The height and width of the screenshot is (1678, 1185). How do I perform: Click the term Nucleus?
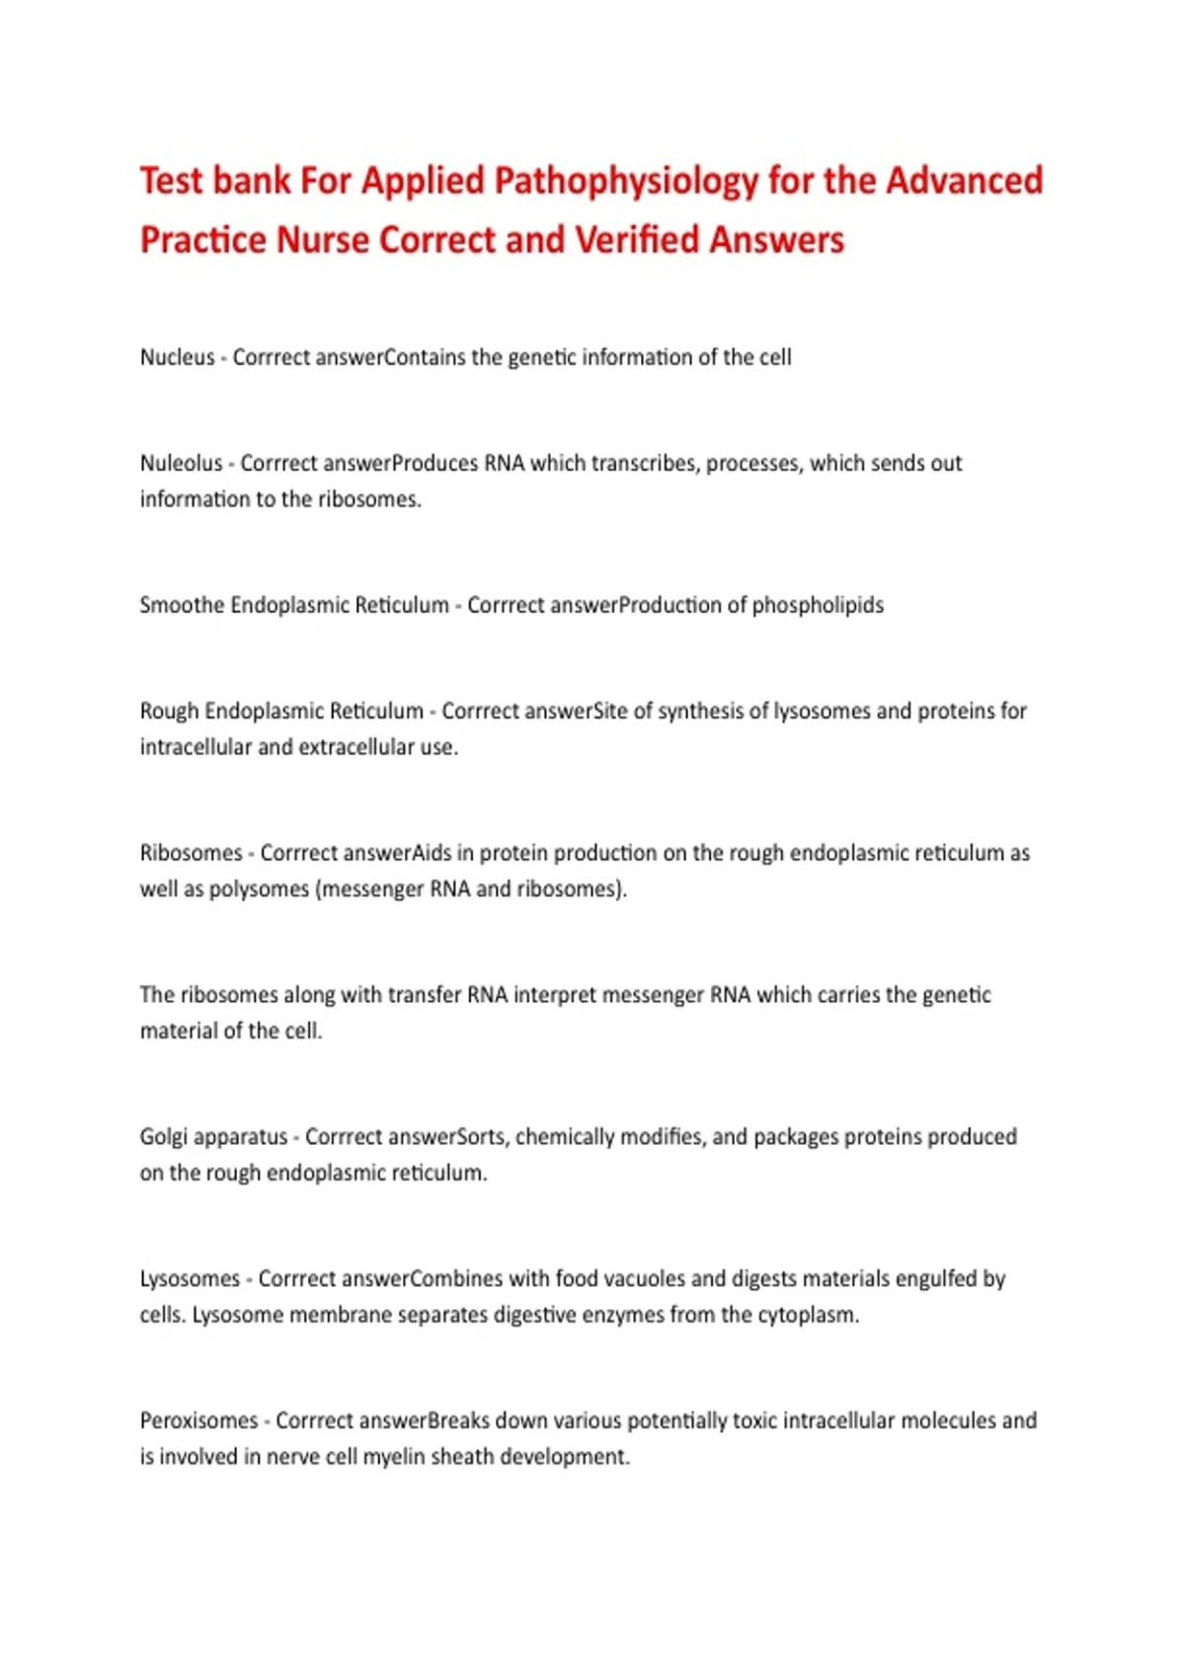tap(177, 357)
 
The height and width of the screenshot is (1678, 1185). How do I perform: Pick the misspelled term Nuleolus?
tap(181, 463)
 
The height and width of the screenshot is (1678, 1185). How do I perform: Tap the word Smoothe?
tap(182, 605)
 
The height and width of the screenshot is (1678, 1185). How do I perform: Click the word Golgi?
tap(163, 1137)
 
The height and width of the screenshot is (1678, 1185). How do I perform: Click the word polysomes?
tap(260, 889)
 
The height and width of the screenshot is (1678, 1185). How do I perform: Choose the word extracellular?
tap(355, 747)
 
